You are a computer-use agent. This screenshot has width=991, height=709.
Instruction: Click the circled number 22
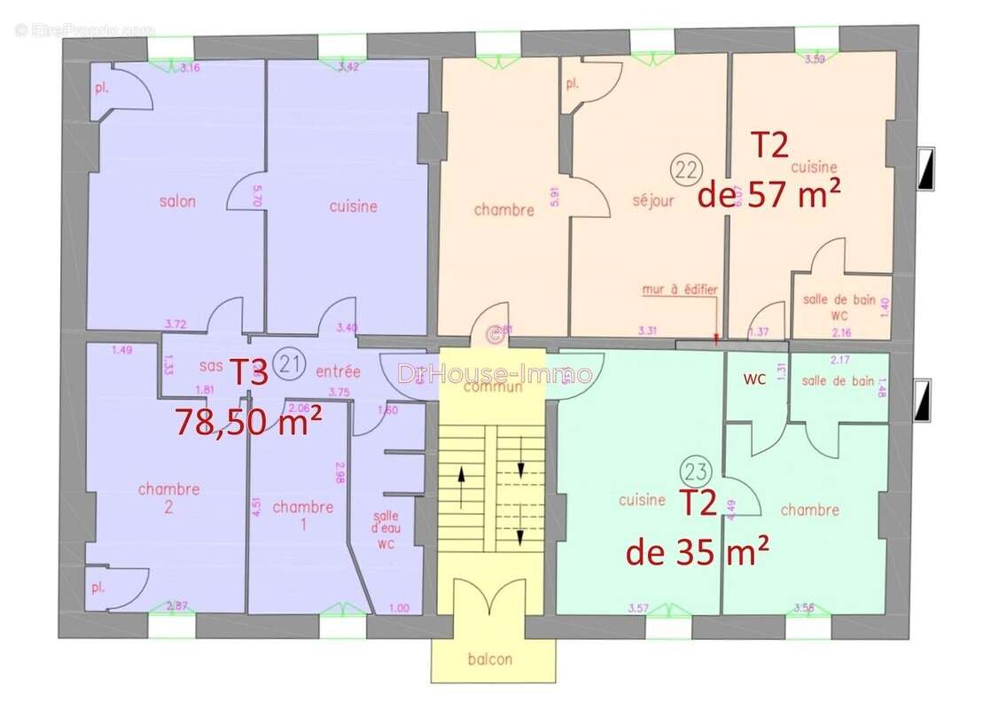683,167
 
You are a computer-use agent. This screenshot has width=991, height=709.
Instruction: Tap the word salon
178,201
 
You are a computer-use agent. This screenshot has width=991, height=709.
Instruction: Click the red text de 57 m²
769,195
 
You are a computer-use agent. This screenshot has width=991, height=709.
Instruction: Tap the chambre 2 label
169,498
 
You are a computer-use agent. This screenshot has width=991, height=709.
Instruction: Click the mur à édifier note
680,290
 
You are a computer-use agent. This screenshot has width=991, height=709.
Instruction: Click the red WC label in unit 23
755,379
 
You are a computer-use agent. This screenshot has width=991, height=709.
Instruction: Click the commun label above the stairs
492,387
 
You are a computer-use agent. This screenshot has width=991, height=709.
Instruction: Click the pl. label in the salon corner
101,89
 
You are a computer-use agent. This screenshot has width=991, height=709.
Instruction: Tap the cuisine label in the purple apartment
353,206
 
